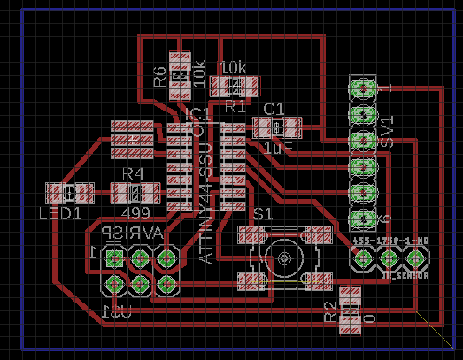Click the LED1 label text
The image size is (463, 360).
click(x=60, y=213)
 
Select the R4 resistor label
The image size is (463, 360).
click(x=133, y=173)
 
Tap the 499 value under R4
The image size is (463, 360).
click(x=135, y=213)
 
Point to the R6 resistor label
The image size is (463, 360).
click(x=160, y=76)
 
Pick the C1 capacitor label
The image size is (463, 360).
click(x=274, y=108)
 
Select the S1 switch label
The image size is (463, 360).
click(x=263, y=215)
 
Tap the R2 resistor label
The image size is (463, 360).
click(x=331, y=310)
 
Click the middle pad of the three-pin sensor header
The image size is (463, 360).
click(x=389, y=258)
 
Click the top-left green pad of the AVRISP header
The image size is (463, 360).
click(x=114, y=257)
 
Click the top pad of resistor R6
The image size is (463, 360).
click(x=181, y=62)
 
